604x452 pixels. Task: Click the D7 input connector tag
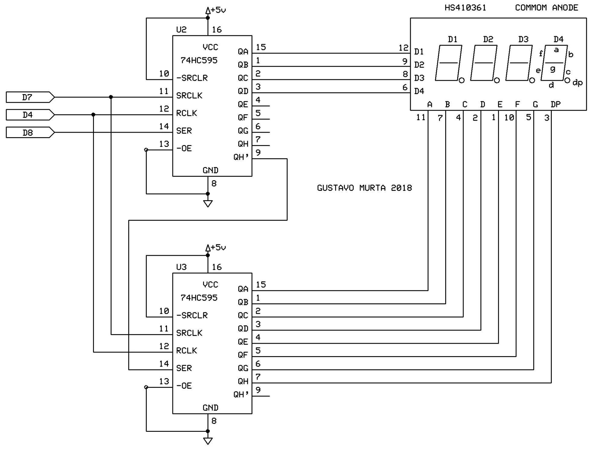(29, 97)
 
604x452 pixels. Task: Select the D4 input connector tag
(29, 115)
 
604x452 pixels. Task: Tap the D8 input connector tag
(29, 133)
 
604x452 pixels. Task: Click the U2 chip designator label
(181, 30)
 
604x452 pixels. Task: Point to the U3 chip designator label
(181, 267)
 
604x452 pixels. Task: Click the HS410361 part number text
(465, 8)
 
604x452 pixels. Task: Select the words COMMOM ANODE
(546, 8)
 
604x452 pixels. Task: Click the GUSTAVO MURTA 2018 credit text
(364, 188)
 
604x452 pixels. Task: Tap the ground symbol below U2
(208, 203)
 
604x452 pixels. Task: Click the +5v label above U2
(218, 10)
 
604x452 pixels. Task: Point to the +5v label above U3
(218, 248)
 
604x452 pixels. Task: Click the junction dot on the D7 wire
(111, 97)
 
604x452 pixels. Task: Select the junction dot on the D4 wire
(93, 115)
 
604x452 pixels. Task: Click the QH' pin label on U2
(241, 157)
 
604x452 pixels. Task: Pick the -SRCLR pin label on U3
(192, 315)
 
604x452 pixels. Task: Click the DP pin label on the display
(555, 104)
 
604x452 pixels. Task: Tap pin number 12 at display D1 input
(403, 48)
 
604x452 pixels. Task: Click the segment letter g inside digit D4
(552, 69)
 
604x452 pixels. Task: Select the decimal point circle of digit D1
(461, 81)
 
